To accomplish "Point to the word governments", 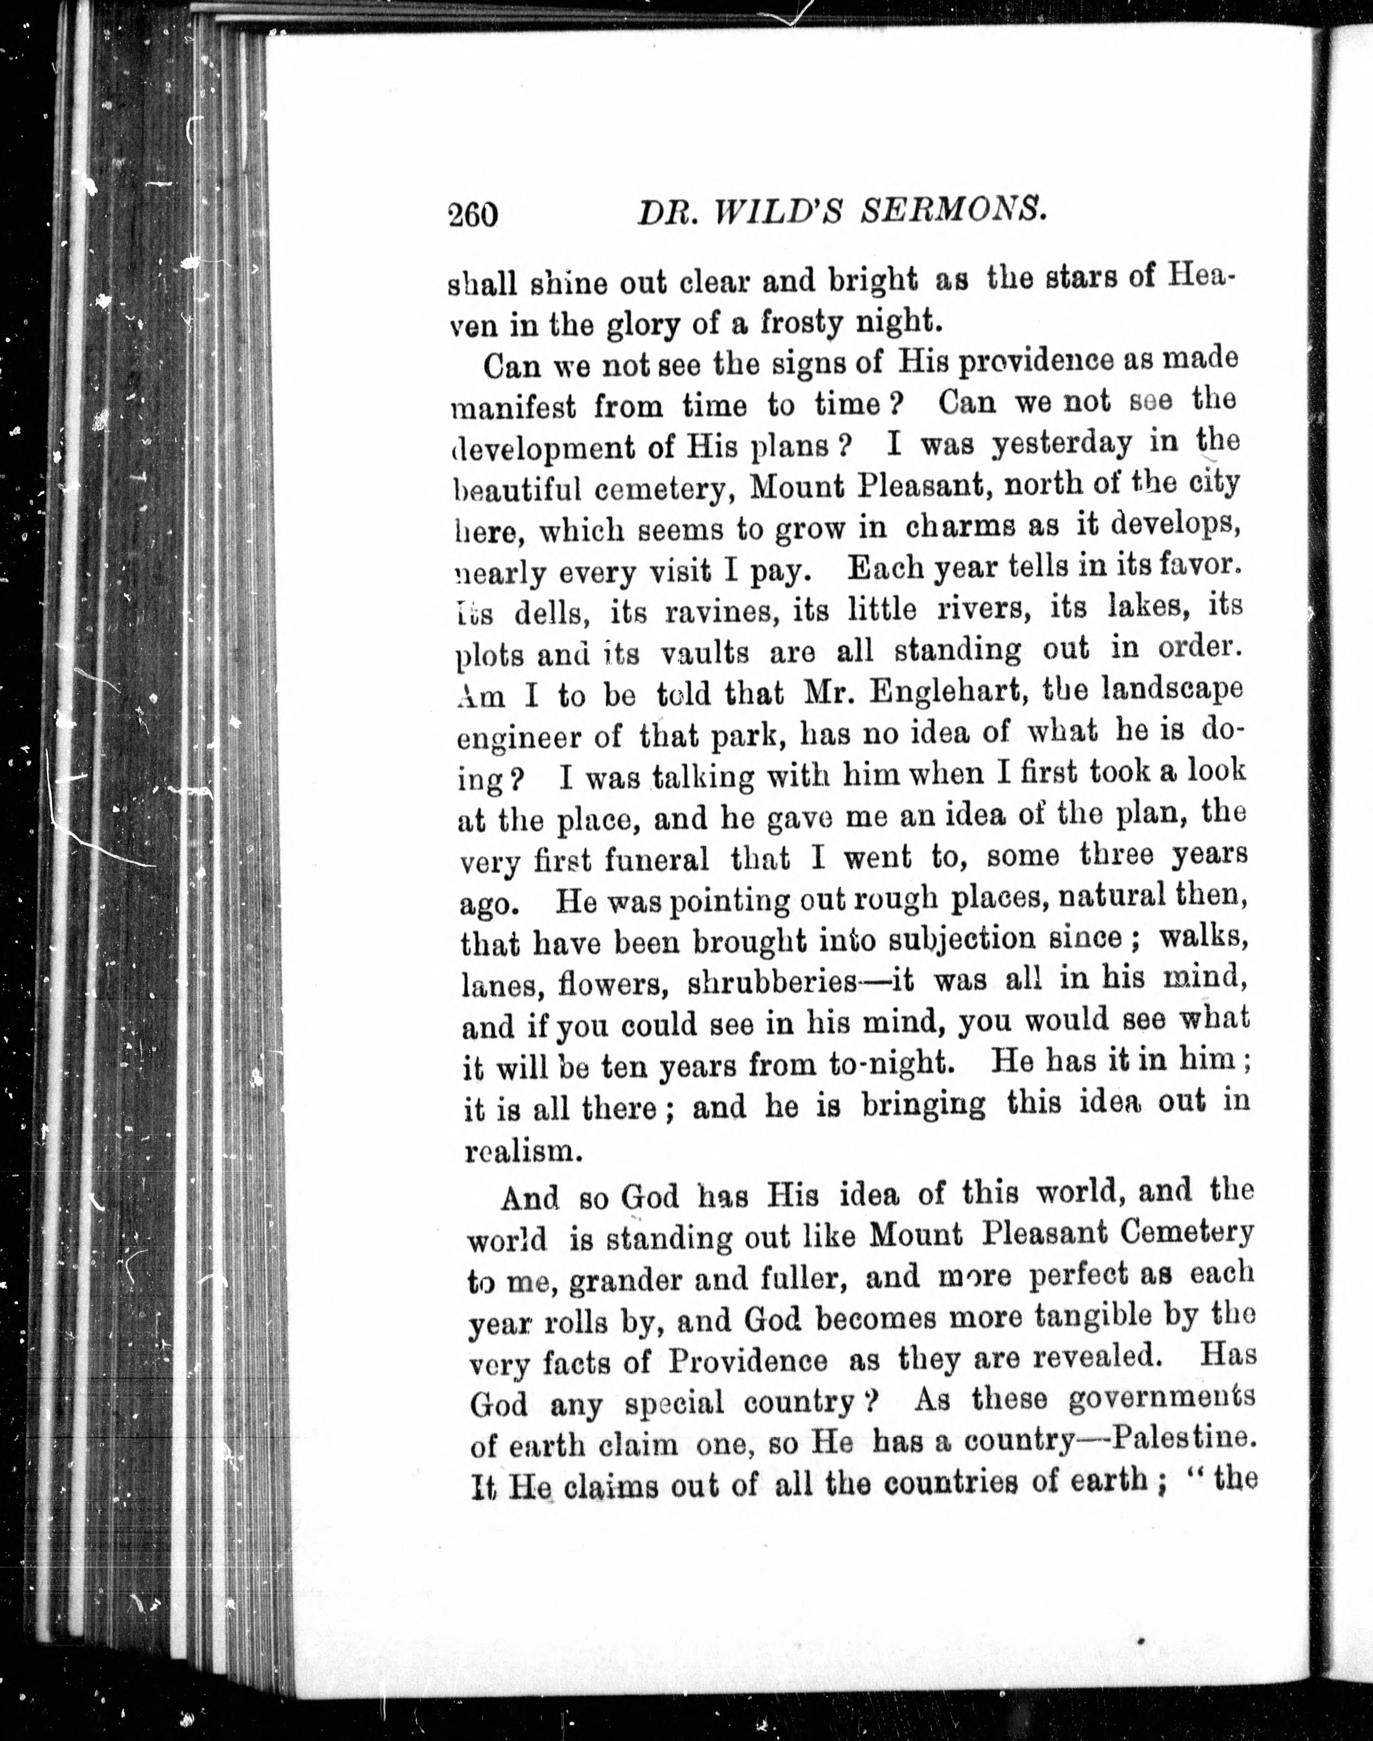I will click(x=1161, y=1399).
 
